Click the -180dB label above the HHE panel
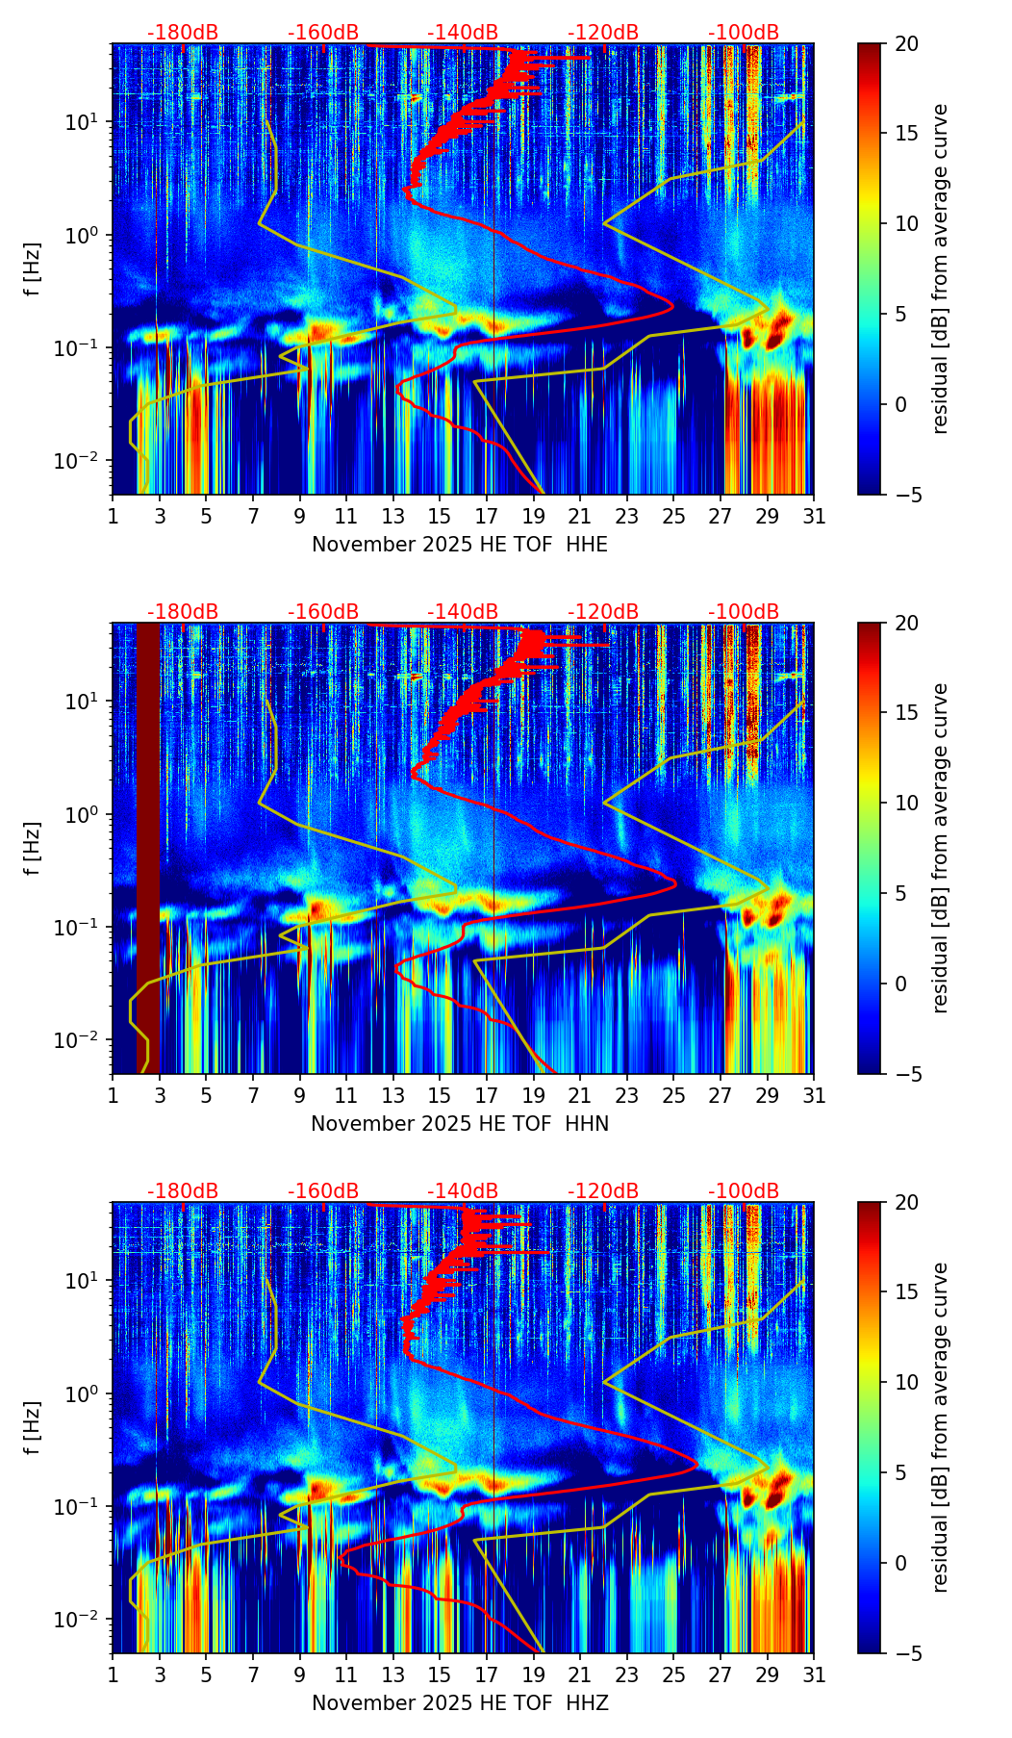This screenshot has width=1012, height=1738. click(183, 33)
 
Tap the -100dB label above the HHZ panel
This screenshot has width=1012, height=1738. click(744, 1191)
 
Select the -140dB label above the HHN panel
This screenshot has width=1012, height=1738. click(463, 612)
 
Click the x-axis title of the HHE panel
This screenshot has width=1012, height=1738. click(460, 545)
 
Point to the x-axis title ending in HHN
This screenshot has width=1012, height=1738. click(460, 1124)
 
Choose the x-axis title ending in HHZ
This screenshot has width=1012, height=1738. click(460, 1703)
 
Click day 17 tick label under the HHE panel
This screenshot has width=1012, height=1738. click(487, 517)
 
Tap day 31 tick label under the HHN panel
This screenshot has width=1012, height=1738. click(814, 1096)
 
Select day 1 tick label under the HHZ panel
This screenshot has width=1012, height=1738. click(114, 1675)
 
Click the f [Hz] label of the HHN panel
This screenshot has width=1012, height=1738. click(33, 848)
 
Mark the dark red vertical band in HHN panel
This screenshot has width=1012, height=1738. click(147, 847)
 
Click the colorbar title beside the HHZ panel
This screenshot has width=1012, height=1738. click(941, 1427)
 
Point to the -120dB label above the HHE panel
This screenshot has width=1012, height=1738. click(603, 33)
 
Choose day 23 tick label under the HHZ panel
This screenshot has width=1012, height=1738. click(627, 1675)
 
